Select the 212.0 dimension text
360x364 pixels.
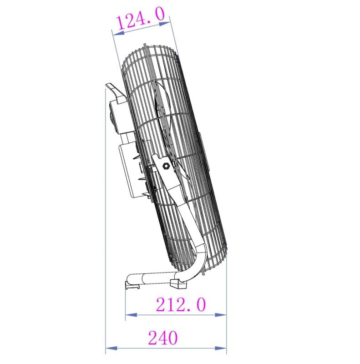tap(181, 304)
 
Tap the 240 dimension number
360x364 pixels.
tap(162, 338)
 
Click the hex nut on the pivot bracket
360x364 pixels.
tap(166, 166)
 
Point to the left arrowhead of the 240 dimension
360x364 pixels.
tap(109, 349)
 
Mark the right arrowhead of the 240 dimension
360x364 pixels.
tap(223, 349)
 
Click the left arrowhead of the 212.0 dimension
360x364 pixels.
tap(129, 314)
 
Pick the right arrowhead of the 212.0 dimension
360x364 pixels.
tap(223, 314)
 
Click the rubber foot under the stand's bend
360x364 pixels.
tap(178, 284)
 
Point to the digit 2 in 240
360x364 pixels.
tap(152, 338)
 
